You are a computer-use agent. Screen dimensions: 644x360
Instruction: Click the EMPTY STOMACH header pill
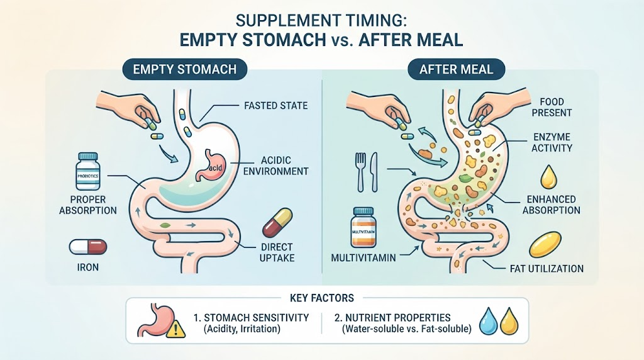tap(185, 69)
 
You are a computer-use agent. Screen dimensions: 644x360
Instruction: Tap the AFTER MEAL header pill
tap(456, 69)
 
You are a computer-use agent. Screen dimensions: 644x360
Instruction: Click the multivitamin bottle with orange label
tap(364, 228)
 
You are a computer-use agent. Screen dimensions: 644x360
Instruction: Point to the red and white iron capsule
tap(88, 247)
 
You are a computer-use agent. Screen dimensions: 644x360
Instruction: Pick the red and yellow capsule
tap(277, 223)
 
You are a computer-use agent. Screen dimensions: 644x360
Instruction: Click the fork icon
tap(360, 172)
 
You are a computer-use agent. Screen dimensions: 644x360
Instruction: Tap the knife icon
tap(374, 172)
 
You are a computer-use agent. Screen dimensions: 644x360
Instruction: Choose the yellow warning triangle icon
tap(176, 329)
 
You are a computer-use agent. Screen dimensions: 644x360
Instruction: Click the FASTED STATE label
tap(275, 106)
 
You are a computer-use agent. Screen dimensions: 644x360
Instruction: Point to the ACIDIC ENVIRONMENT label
tap(275, 166)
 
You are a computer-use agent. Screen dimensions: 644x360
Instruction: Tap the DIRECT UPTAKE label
tap(277, 252)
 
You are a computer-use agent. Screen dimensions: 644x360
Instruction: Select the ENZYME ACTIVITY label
tap(552, 142)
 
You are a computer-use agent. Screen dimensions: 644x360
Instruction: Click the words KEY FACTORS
tap(321, 298)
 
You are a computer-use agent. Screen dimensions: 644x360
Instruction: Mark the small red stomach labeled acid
tap(212, 165)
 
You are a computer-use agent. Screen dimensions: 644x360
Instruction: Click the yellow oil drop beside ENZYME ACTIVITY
tap(548, 177)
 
